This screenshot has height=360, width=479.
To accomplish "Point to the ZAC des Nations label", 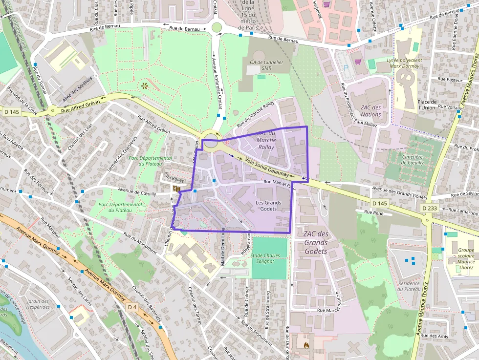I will pos(370,111).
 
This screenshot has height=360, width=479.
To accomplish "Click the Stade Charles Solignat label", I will pos(265,258).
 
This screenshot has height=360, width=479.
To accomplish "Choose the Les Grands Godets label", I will pos(268,206).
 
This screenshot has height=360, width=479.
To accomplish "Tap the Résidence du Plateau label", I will pos(409,286).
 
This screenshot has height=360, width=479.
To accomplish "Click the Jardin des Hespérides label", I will pos(39,304).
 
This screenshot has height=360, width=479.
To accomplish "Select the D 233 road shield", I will pos(430,209).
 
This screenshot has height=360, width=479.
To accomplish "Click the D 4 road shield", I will pos(132,307).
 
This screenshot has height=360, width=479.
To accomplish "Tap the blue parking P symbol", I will pos(347,68).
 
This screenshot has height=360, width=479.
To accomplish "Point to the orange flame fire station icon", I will pos(306,345).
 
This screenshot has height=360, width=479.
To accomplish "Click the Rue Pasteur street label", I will pos(450,79).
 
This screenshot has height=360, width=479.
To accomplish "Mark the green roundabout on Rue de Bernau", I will pos(216,27).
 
